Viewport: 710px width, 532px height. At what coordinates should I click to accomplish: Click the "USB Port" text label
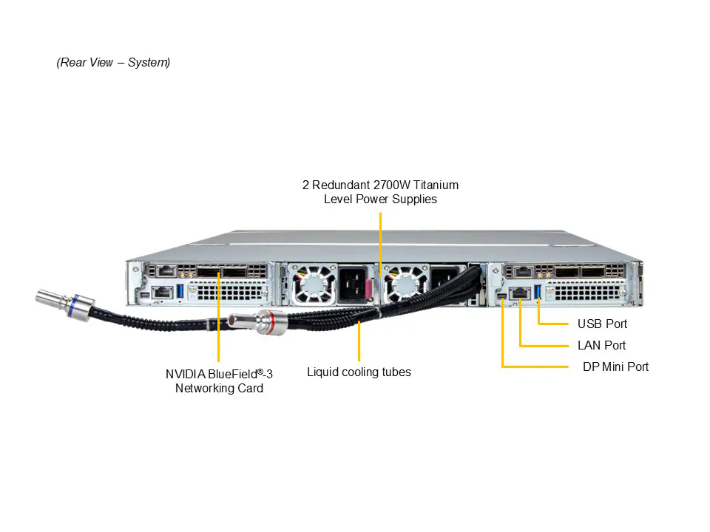pos(602,324)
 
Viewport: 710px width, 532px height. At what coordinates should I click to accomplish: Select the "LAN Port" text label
pos(601,345)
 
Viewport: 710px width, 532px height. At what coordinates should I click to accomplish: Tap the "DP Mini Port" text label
pos(615,366)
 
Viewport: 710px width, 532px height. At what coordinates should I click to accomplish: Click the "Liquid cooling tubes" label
pos(359,372)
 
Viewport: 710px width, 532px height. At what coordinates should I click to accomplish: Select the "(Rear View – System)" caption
pos(113,62)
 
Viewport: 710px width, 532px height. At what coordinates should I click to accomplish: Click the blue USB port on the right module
pos(538,293)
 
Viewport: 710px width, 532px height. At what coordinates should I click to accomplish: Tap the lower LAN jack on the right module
pos(520,293)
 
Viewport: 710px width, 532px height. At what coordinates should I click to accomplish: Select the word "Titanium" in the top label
pos(434,185)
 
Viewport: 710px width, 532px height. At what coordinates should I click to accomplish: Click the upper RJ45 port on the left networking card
pos(167,271)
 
